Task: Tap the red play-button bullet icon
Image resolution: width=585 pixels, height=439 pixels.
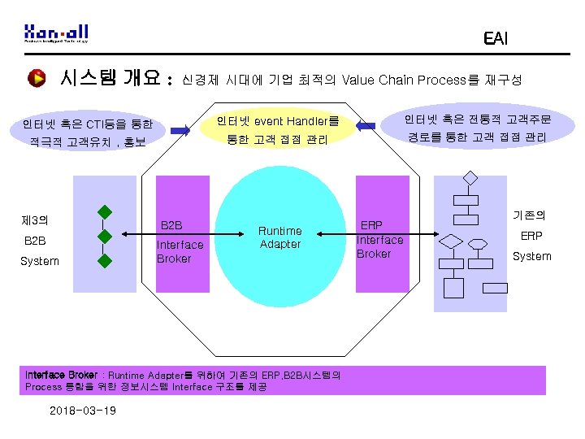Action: point(37,78)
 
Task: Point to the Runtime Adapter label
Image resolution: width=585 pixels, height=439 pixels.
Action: point(280,237)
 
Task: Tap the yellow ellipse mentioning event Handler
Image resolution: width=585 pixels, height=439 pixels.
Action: point(278,130)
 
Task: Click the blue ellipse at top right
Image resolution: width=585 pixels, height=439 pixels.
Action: point(479,128)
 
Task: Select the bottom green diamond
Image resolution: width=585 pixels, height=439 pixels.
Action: point(105,261)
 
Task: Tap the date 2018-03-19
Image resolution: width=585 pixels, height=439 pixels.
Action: point(82,411)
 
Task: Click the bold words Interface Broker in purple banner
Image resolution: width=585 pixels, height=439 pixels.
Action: point(61,375)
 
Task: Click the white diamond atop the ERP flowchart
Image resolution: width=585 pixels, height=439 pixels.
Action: point(469,178)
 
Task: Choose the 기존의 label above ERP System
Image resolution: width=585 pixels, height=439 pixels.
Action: point(529,215)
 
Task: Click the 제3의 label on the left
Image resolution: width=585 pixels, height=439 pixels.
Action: point(35,220)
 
